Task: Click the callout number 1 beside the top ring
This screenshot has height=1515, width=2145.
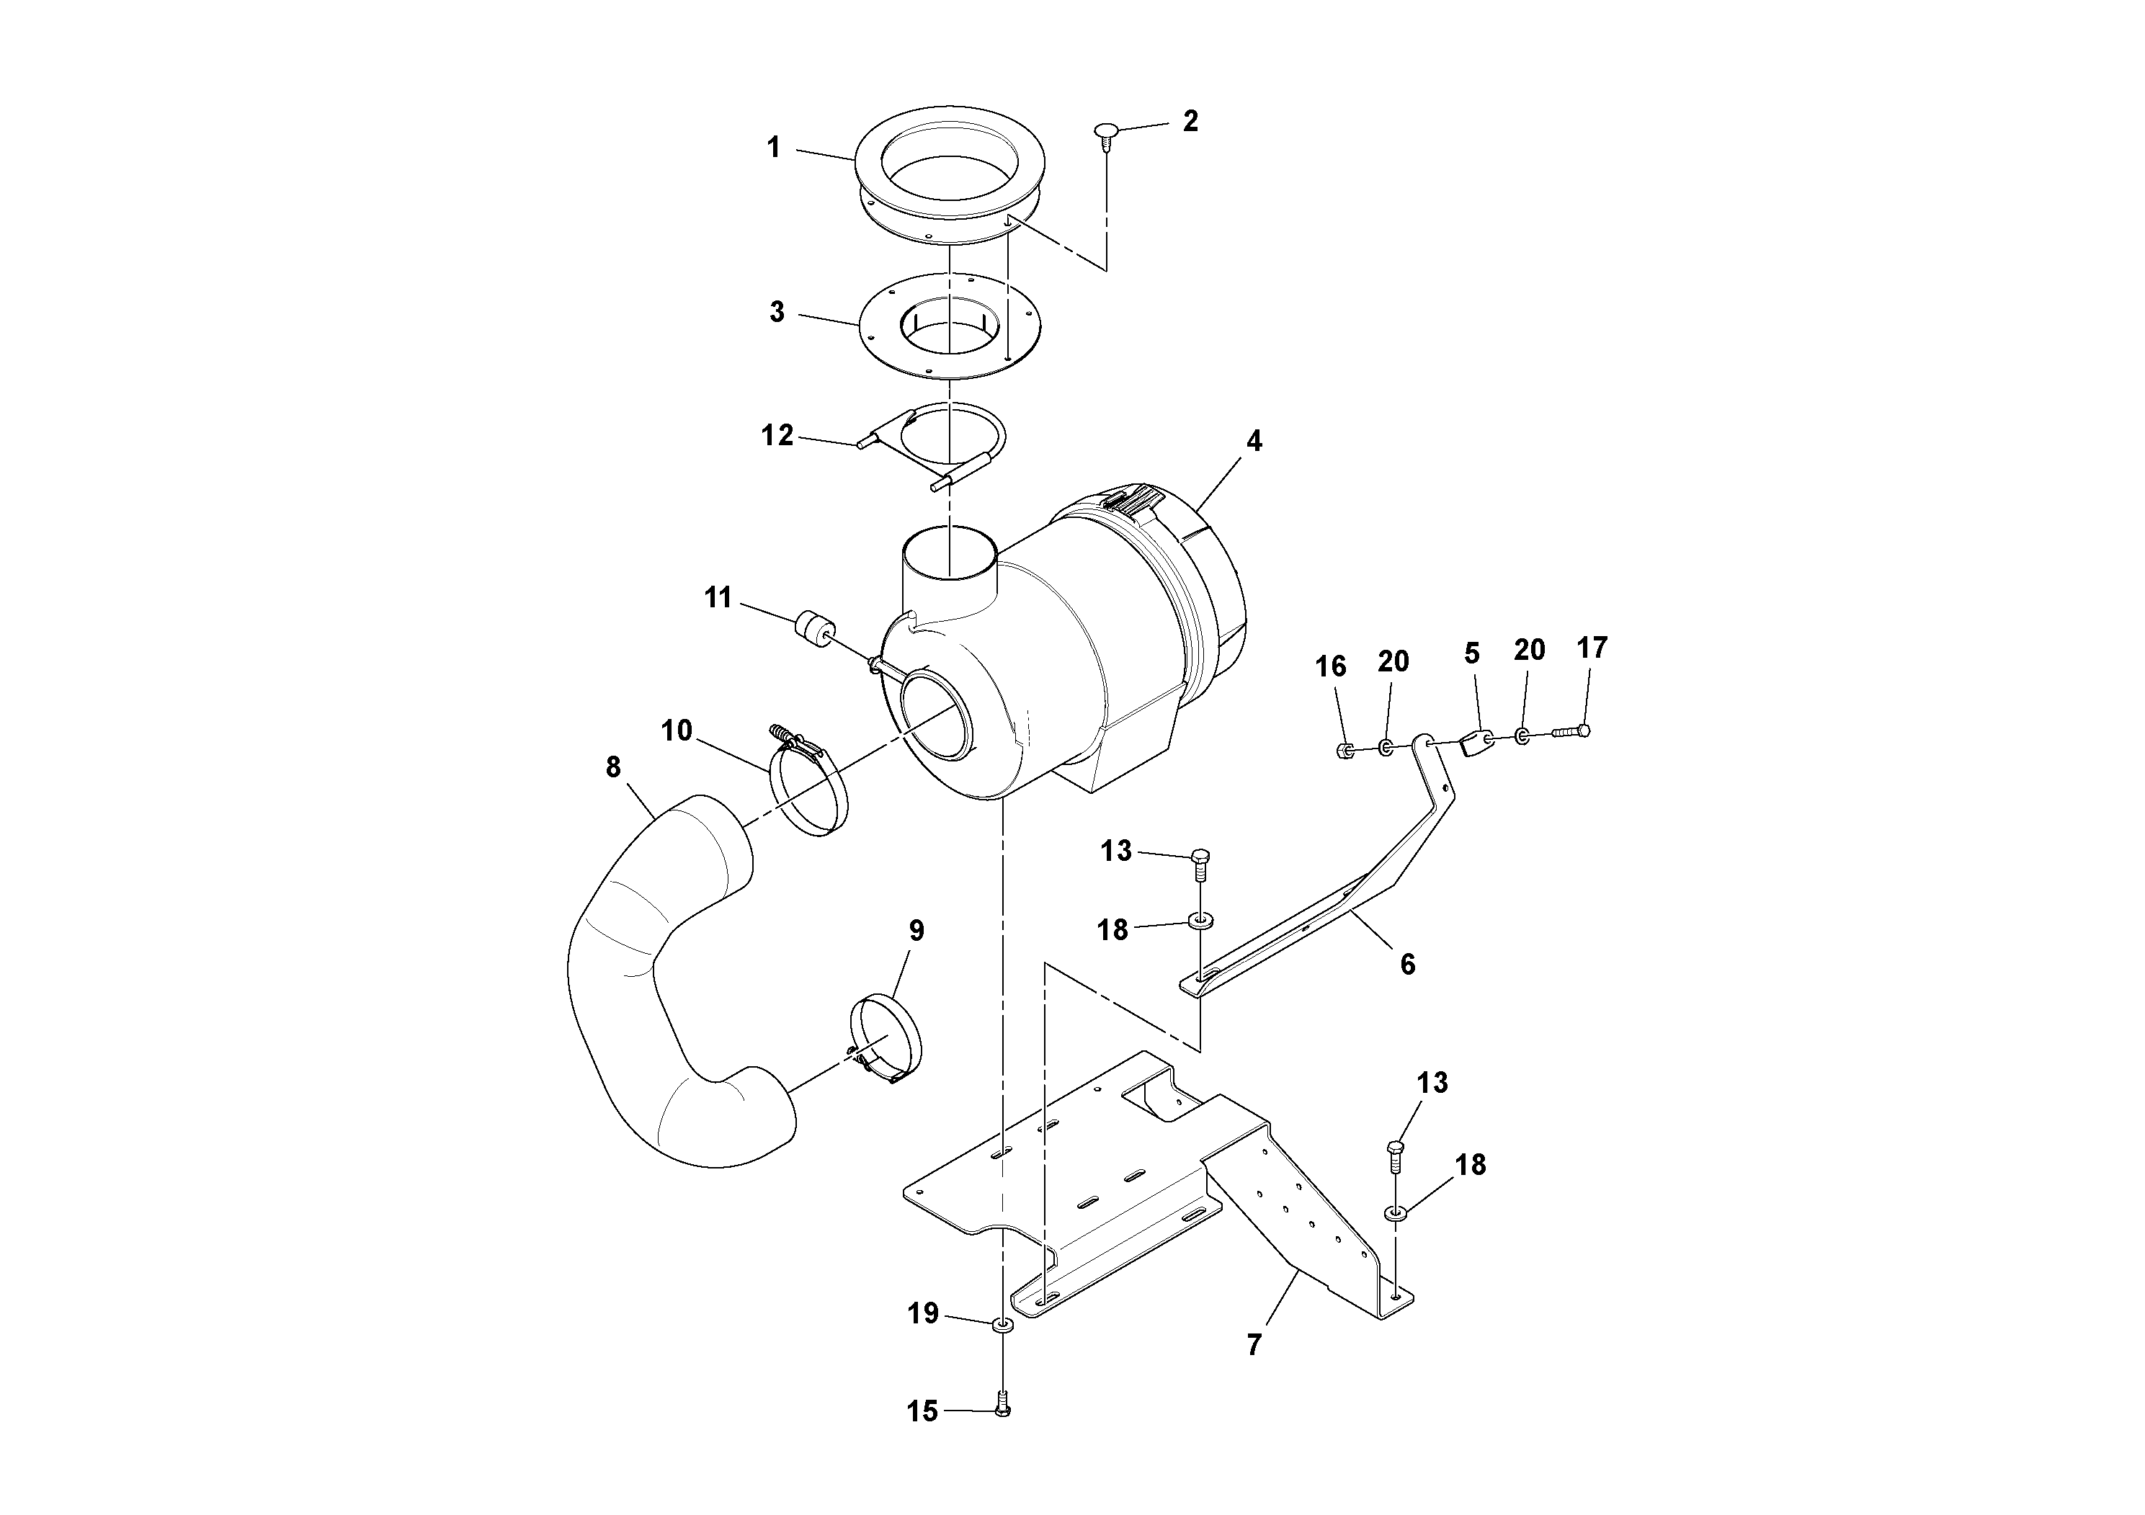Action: pyautogui.click(x=772, y=148)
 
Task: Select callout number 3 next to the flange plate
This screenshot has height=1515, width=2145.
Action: pyautogui.click(x=776, y=312)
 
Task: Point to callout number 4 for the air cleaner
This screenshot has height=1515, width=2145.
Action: pyautogui.click(x=1254, y=441)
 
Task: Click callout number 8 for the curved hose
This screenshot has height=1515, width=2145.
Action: pyautogui.click(x=613, y=767)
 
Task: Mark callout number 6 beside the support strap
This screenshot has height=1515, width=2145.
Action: pyautogui.click(x=1407, y=963)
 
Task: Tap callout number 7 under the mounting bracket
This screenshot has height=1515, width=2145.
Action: pyautogui.click(x=1254, y=1345)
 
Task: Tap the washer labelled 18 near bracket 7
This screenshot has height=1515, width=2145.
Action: pyautogui.click(x=1396, y=1213)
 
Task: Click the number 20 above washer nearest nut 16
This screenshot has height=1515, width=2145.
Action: pyautogui.click(x=1392, y=661)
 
